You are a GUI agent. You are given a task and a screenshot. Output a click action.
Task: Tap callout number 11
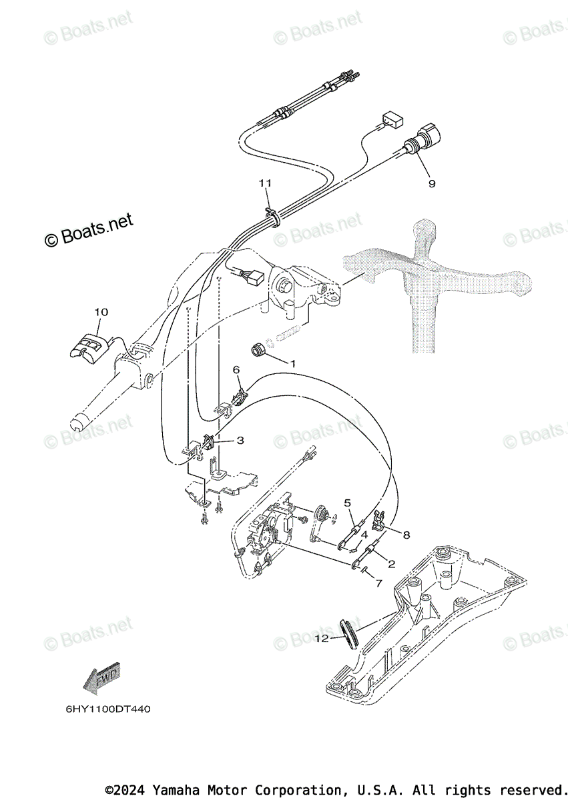[266, 183]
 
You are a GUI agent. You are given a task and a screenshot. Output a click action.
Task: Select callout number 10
[101, 311]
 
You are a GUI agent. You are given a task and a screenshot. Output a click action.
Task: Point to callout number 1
[292, 363]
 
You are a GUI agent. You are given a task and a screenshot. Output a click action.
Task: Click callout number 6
[236, 369]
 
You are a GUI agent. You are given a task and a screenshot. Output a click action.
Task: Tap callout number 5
[347, 502]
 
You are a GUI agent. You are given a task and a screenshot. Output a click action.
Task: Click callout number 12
[322, 638]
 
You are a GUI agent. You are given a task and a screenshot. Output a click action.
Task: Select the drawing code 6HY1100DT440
[107, 709]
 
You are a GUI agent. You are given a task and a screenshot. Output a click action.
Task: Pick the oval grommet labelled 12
[350, 631]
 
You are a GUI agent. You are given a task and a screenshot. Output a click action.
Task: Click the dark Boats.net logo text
[89, 229]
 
